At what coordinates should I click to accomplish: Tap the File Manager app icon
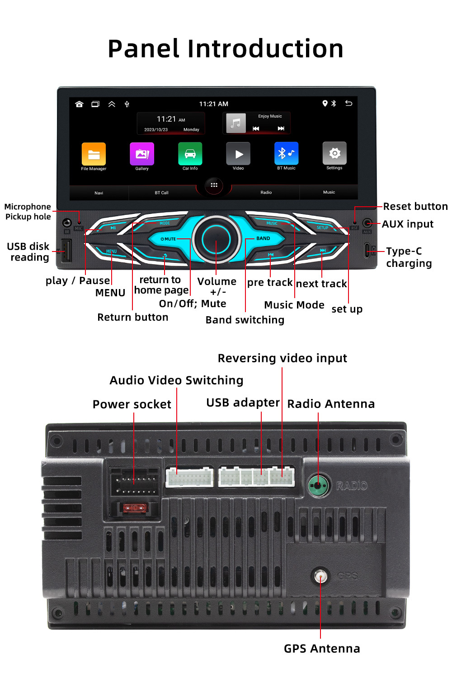(x=94, y=154)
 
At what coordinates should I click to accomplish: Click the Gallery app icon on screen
(x=142, y=154)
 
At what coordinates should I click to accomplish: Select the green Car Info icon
(x=190, y=154)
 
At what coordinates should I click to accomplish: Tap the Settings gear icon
(x=334, y=153)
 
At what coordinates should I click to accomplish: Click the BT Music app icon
(x=286, y=154)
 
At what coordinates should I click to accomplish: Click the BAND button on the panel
(x=263, y=238)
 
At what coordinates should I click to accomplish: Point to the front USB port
(x=66, y=250)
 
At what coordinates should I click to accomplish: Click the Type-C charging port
(x=367, y=250)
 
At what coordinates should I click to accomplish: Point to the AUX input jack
(x=367, y=223)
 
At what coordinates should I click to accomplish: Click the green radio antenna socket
(x=318, y=486)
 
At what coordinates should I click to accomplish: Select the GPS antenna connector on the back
(x=320, y=576)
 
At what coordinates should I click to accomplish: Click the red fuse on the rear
(x=135, y=508)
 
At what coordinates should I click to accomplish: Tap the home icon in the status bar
(x=80, y=104)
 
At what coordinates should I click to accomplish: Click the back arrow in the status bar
(x=348, y=104)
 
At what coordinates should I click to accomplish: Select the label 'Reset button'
(x=415, y=207)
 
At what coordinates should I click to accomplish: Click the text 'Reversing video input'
(x=282, y=358)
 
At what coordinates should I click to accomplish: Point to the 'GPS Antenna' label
(x=322, y=649)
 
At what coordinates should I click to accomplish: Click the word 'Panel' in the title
(x=144, y=49)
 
